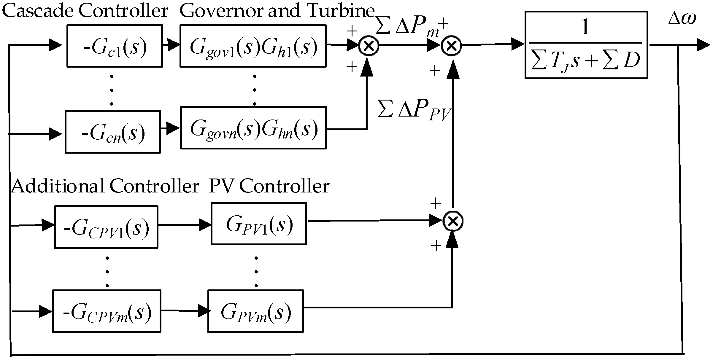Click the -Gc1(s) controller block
[x=115, y=46]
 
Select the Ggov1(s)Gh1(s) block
[x=253, y=46]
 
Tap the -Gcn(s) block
[x=113, y=132]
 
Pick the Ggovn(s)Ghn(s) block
[x=253, y=128]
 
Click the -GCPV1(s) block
[x=106, y=227]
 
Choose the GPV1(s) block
[x=258, y=224]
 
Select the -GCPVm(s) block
[x=107, y=311]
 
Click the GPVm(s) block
[x=255, y=311]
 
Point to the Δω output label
[x=682, y=19]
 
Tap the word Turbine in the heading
[x=341, y=11]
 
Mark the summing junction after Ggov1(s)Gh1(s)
[x=369, y=46]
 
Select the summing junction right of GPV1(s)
[x=453, y=221]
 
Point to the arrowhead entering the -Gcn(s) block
[x=55, y=134]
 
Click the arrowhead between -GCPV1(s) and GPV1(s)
[x=205, y=225]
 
